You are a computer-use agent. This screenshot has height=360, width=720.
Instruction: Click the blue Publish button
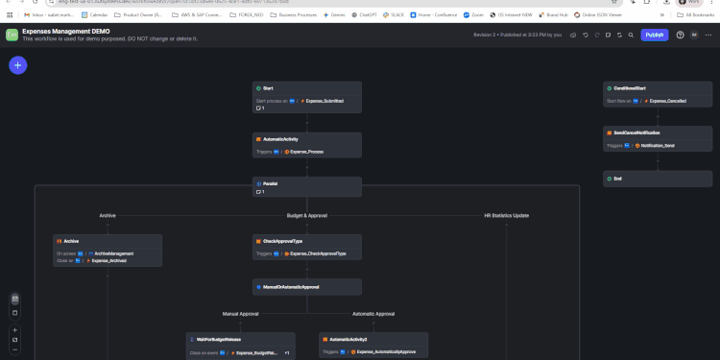[x=655, y=35]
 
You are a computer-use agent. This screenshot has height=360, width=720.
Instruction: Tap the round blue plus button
[x=18, y=65]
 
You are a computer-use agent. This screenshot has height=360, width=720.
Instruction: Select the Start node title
[x=268, y=88]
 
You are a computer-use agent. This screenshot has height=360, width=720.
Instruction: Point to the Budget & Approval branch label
[x=306, y=215]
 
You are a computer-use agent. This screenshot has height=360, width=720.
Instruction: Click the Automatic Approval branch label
[x=373, y=313]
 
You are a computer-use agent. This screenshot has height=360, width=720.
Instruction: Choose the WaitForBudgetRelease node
[x=240, y=340]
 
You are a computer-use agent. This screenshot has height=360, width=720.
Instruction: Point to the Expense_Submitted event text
[x=324, y=100]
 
